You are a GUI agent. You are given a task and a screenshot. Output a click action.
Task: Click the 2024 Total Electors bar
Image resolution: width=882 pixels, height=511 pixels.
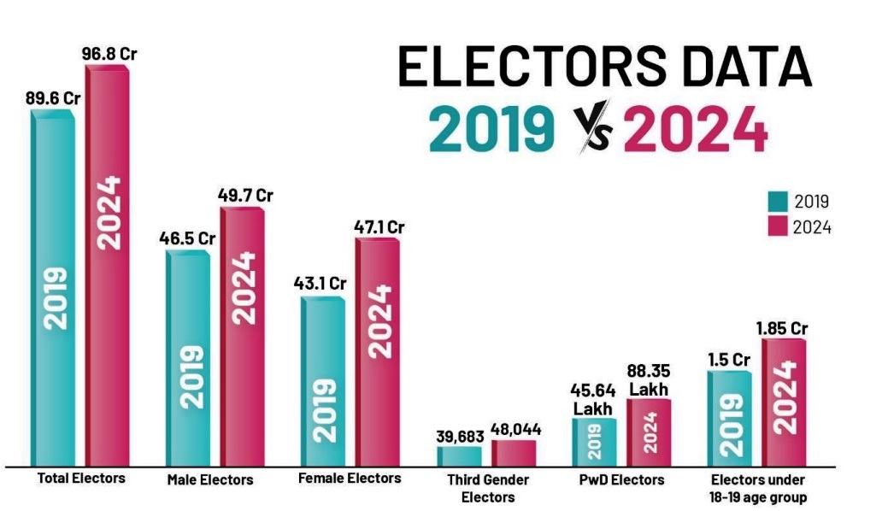106,265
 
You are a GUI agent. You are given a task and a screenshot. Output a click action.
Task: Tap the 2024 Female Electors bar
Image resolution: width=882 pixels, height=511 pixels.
376,350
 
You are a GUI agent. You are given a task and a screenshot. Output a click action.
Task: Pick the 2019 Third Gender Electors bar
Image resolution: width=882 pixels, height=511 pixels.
459,455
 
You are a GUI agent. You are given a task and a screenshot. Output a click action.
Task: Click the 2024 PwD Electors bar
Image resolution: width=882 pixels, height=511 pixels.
649,432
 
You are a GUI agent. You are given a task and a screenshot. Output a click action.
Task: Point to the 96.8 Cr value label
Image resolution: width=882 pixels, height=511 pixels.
109,53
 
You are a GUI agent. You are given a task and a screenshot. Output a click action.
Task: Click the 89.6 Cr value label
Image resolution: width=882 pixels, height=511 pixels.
52,98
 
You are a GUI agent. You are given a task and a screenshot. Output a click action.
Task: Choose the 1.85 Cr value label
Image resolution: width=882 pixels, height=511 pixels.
781,327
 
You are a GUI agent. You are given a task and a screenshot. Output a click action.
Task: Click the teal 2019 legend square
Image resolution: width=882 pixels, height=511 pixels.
776,202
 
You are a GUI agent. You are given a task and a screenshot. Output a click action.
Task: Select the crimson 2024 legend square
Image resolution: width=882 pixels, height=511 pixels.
776,226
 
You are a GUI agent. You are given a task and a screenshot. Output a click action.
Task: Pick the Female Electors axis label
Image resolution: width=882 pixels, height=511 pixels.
349,478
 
